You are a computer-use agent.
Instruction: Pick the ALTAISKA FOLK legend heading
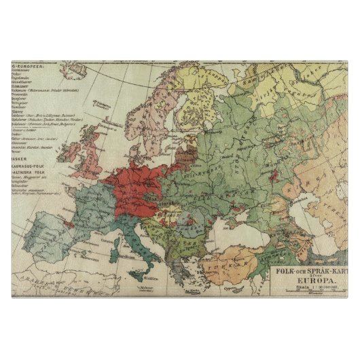[x=28, y=173]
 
